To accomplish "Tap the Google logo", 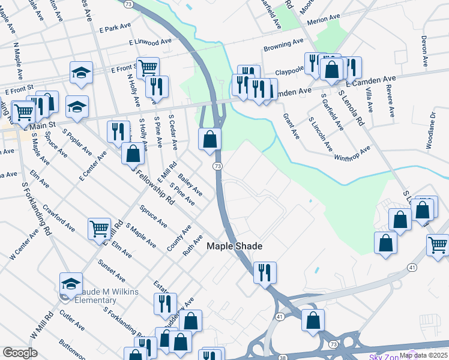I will tap(20, 353).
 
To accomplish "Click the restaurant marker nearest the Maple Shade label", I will tap(264, 272).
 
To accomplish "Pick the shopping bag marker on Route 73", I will tap(210, 139).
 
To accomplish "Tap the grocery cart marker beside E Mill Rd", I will tap(99, 228).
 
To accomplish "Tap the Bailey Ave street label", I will tap(190, 184).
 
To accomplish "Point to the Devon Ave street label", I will tap(424, 51).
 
